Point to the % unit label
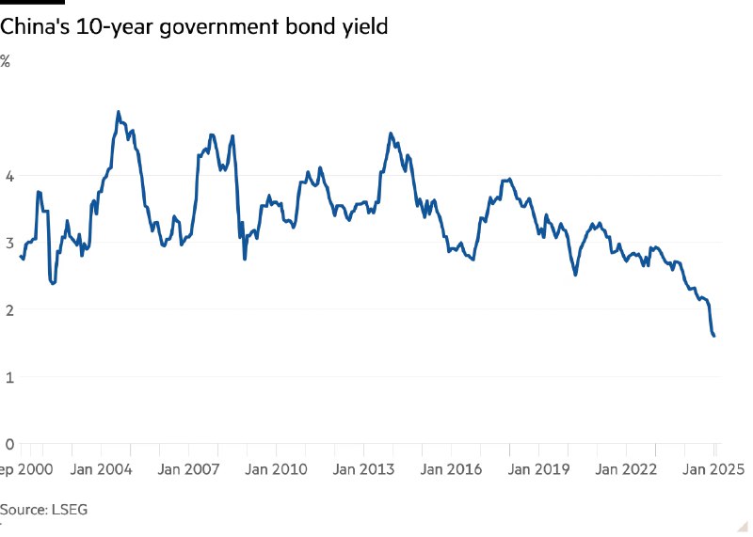click(5, 61)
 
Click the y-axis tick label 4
click(9, 176)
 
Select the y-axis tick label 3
click(9, 243)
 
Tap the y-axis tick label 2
click(9, 309)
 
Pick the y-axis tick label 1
click(9, 377)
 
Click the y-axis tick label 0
click(9, 444)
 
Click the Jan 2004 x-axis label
click(103, 468)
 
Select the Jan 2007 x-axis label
click(190, 468)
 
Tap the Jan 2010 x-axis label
click(278, 468)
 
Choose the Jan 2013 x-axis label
click(365, 468)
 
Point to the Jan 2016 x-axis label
click(453, 468)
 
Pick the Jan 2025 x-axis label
click(713, 468)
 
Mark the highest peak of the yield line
click(118, 112)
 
